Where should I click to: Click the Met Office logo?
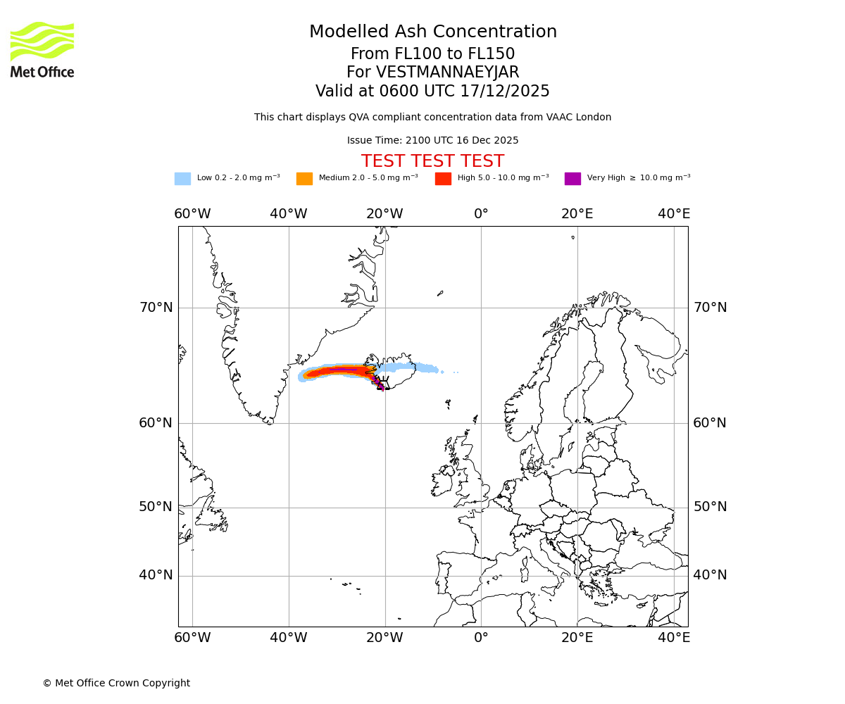pyautogui.click(x=42, y=49)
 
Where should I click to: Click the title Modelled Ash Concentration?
pyautogui.click(x=433, y=32)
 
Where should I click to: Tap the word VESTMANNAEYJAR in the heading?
pyautogui.click(x=448, y=73)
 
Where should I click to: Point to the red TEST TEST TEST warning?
pyautogui.click(x=432, y=162)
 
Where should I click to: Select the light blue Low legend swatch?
pyautogui.click(x=182, y=179)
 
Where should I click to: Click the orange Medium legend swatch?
pyautogui.click(x=304, y=179)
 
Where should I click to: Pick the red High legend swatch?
pyautogui.click(x=443, y=179)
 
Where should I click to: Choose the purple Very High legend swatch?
pyautogui.click(x=572, y=179)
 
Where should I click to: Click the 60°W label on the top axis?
pyautogui.click(x=192, y=214)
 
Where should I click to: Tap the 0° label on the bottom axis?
pyautogui.click(x=481, y=638)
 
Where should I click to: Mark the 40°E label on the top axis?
pyautogui.click(x=674, y=214)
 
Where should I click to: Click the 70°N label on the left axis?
pyautogui.click(x=156, y=308)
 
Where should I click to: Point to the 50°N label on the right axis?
pyautogui.click(x=710, y=507)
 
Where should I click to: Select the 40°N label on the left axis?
pyautogui.click(x=156, y=575)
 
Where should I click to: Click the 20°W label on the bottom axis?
pyautogui.click(x=384, y=638)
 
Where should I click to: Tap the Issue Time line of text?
pyautogui.click(x=432, y=141)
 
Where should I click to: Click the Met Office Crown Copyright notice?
pyautogui.click(x=116, y=684)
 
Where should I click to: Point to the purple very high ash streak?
pyautogui.click(x=343, y=369)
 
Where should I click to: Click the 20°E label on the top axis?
pyautogui.click(x=577, y=214)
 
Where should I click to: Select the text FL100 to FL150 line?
pyautogui.click(x=432, y=54)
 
